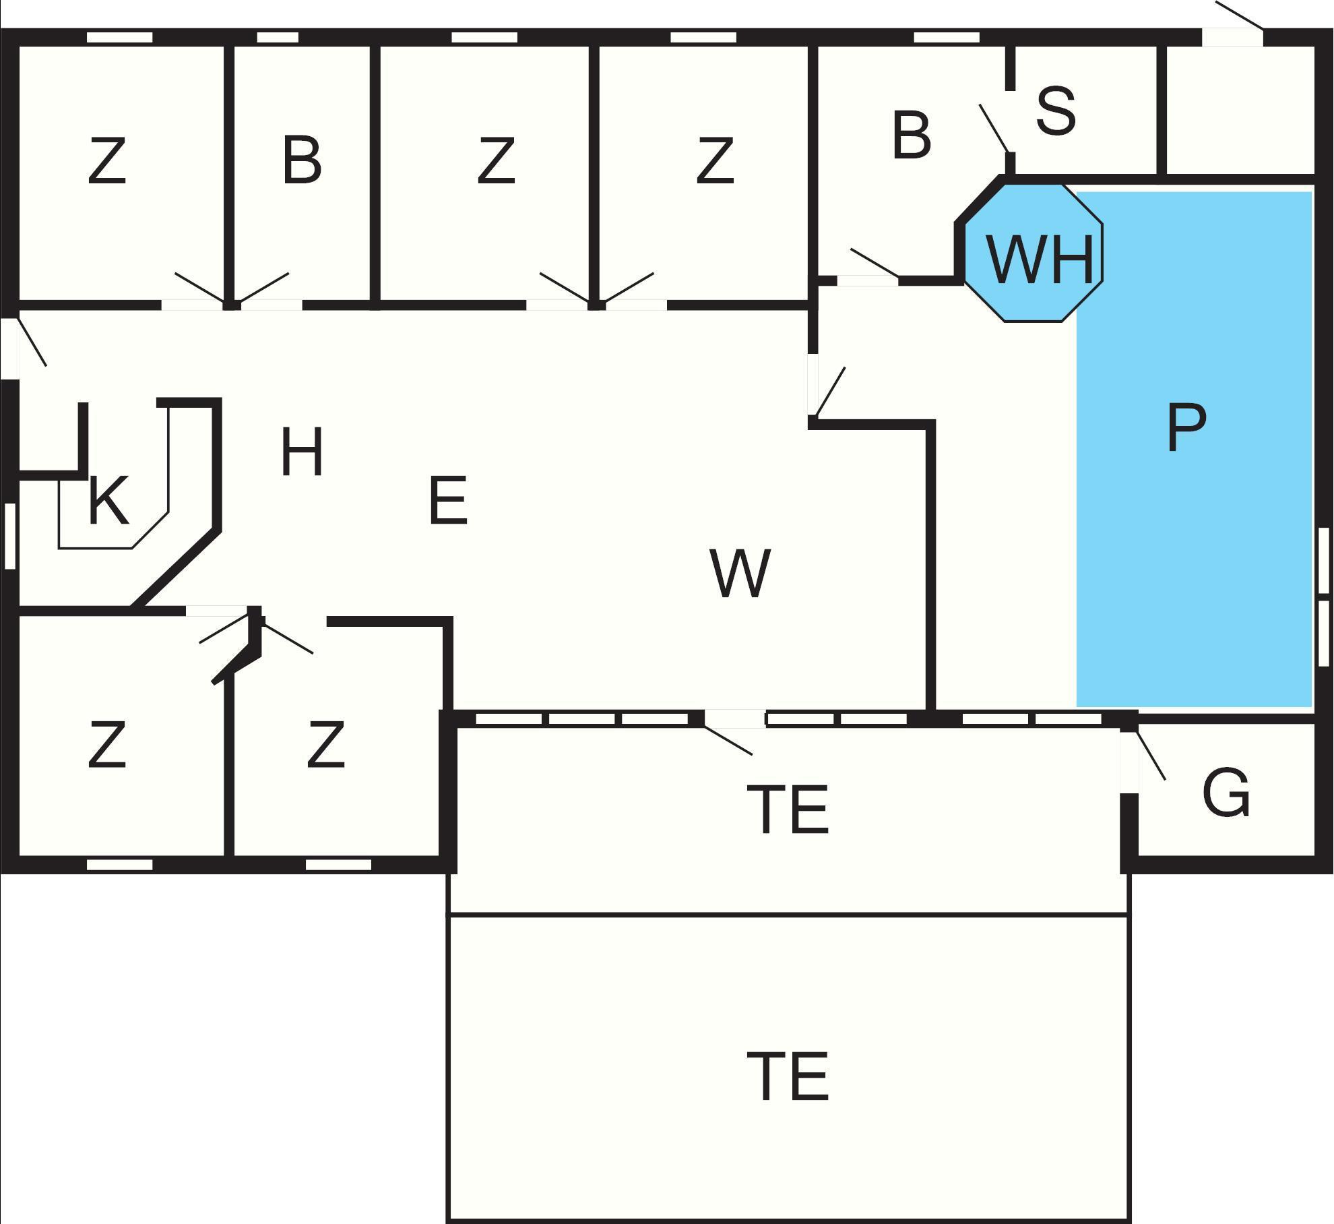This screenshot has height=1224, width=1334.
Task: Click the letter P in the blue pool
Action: click(1186, 427)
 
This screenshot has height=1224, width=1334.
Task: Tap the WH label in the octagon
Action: click(1040, 259)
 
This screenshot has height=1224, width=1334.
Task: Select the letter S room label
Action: click(1055, 111)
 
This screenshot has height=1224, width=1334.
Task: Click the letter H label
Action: click(301, 452)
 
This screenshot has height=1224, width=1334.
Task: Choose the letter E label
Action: click(448, 500)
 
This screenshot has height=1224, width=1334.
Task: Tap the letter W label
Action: click(740, 573)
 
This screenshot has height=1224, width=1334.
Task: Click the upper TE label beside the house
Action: click(788, 809)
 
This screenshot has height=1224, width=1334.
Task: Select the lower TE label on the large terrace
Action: click(788, 1076)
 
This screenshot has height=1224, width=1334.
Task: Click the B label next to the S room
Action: click(911, 136)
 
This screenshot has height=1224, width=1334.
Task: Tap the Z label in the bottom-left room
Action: click(107, 745)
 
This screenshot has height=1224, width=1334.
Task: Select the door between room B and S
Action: click(994, 128)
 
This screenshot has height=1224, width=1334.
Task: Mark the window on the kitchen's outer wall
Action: click(10, 536)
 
